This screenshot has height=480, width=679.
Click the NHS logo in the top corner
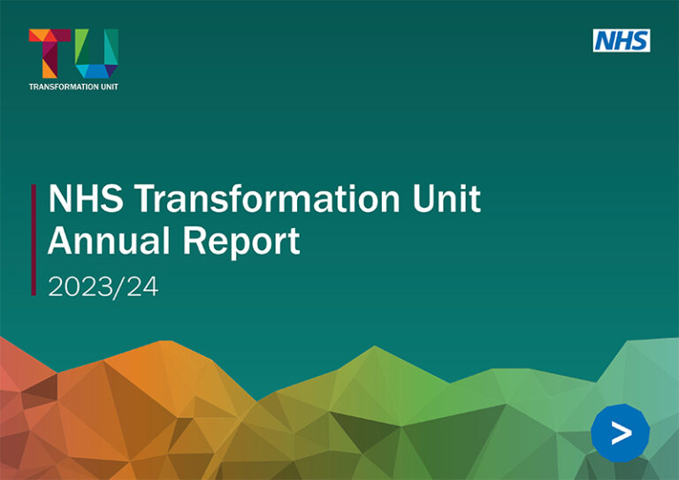(622, 40)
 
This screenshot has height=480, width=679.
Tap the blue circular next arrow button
(620, 432)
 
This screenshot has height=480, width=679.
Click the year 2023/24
(103, 286)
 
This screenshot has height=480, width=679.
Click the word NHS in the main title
(86, 199)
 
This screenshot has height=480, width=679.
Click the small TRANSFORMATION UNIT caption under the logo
(73, 87)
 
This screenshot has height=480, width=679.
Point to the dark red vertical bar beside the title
(34, 240)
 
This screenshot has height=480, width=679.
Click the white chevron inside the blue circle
(622, 432)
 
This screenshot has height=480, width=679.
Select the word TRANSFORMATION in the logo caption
(62, 87)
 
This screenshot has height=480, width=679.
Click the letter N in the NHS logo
(605, 40)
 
